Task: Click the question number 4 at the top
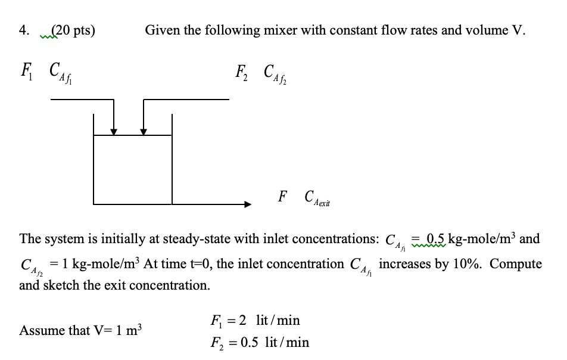[23, 30]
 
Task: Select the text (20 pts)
[73, 30]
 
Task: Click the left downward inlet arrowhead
[114, 131]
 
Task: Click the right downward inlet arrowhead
[144, 131]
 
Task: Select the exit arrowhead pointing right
[247, 204]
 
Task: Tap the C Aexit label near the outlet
[316, 197]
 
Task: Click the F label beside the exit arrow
[282, 196]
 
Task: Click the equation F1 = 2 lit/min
[255, 321]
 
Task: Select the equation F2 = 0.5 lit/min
[260, 342]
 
